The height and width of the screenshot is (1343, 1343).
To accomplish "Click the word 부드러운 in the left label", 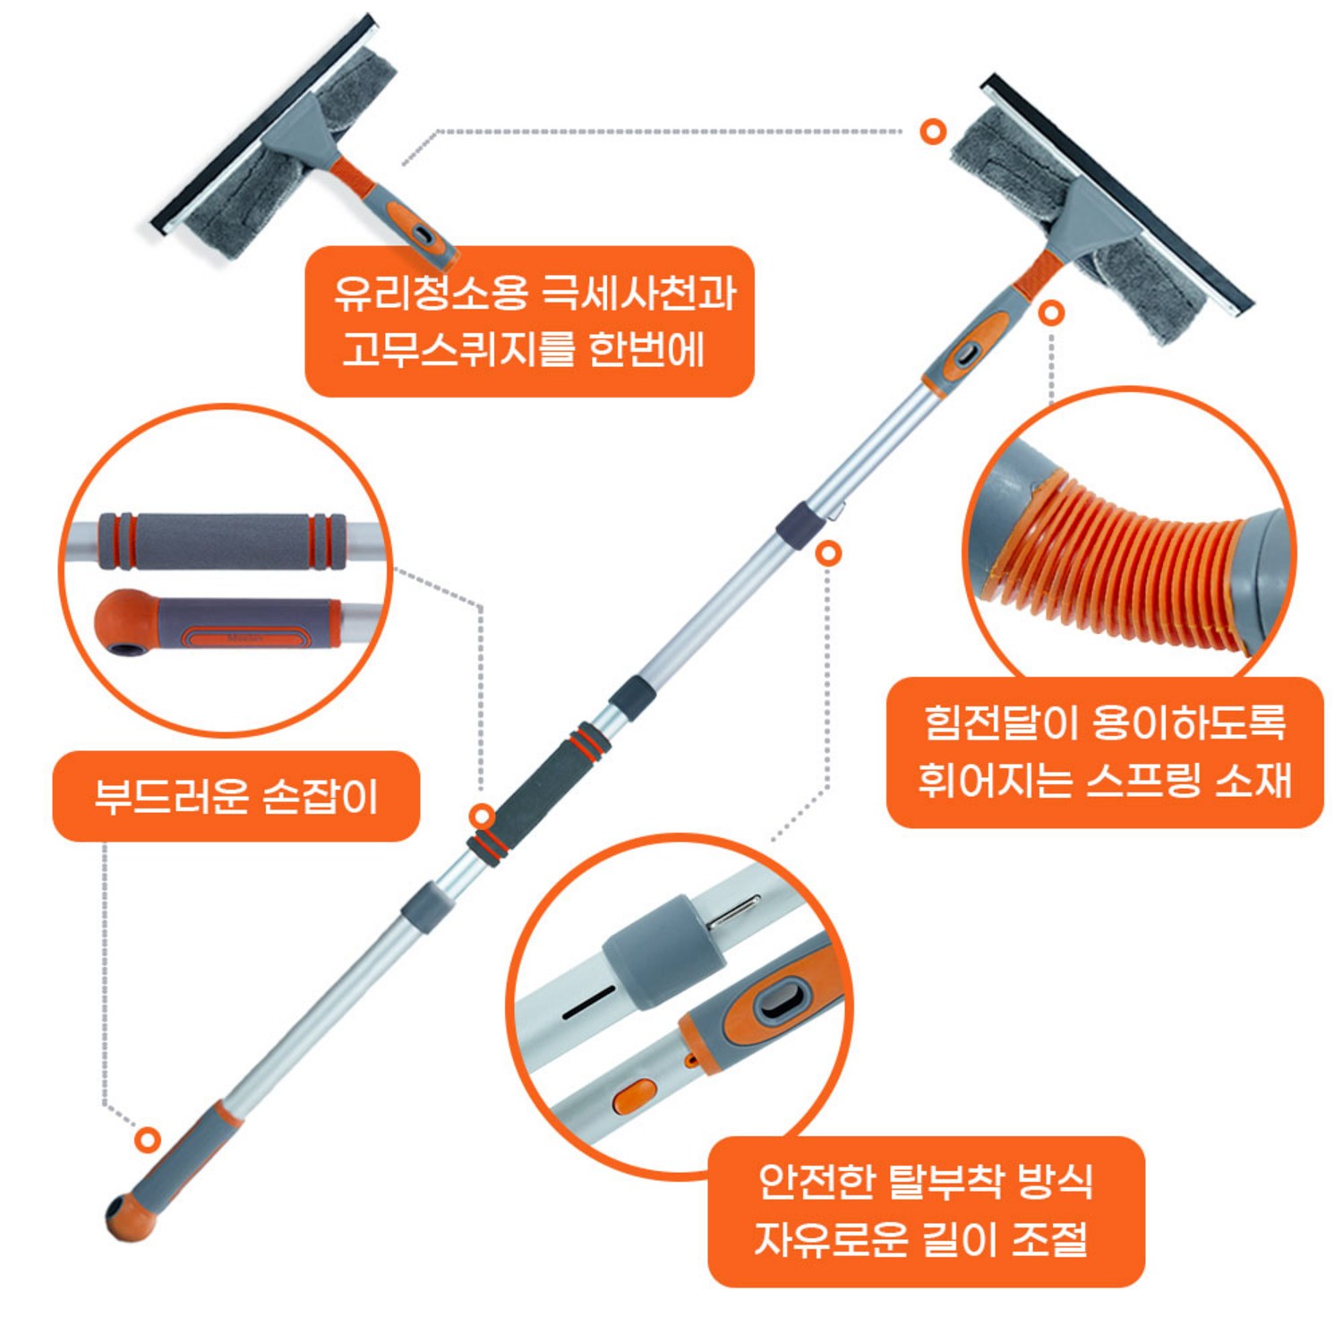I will coord(171,796).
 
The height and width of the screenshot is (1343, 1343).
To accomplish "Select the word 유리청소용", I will coord(430,293).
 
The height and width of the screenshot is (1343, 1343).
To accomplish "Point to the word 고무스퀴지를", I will coord(457,349).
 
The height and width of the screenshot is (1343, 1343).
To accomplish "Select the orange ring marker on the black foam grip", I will coord(483,817).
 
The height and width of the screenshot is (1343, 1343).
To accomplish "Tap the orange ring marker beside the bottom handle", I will coord(148,1140).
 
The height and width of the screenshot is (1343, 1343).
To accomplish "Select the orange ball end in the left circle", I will coord(125,622).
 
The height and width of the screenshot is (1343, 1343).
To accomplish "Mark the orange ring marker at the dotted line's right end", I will coord(933,132).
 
